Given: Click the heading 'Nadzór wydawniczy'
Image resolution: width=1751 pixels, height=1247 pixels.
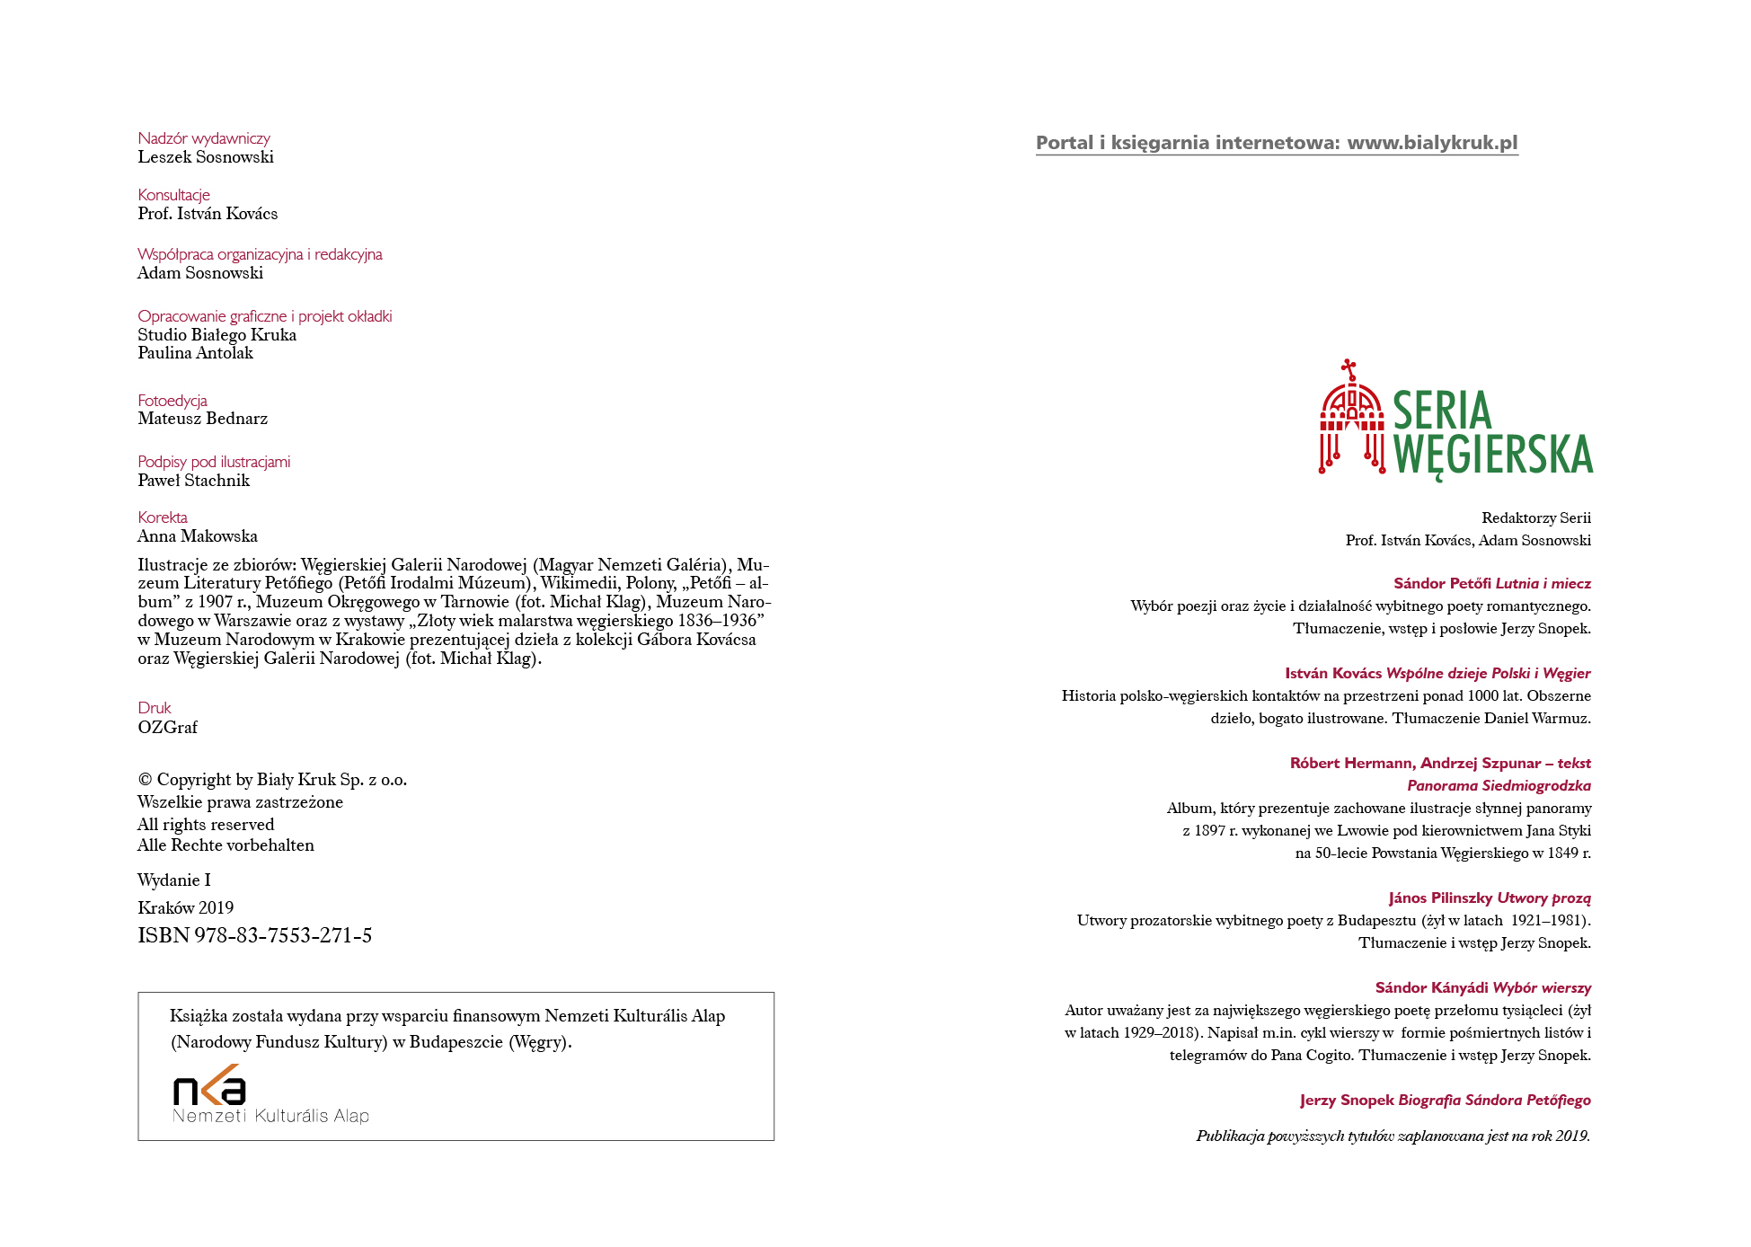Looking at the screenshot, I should [204, 138].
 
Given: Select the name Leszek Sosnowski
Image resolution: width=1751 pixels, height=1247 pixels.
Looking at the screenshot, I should [206, 157].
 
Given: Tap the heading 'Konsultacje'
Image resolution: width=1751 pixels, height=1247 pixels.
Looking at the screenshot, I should [173, 195].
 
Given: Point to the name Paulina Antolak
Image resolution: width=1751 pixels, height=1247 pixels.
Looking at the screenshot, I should [195, 353].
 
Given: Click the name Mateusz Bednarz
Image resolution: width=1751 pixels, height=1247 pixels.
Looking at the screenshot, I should [202, 419].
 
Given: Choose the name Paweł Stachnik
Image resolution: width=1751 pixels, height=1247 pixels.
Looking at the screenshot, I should [193, 481].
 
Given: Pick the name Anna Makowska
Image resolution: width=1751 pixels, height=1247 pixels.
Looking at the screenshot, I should [198, 536].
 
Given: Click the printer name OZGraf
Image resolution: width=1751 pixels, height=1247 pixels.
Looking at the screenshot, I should [167, 728].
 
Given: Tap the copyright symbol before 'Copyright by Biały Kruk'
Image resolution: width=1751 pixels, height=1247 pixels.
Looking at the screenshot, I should [145, 780].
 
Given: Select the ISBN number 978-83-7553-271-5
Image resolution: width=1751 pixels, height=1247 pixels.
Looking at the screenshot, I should [282, 936].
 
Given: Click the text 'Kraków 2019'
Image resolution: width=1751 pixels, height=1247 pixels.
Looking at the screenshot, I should [185, 908].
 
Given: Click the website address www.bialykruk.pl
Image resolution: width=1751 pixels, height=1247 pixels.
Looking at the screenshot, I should [1432, 143].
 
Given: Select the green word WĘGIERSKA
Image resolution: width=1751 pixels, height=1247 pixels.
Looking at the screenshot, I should [1493, 455].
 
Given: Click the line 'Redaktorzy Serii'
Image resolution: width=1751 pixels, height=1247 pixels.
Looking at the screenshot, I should [1535, 518].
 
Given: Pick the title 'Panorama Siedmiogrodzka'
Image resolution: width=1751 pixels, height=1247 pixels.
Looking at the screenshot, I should [1499, 786].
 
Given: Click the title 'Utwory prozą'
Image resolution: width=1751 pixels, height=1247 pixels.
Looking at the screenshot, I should [1543, 898].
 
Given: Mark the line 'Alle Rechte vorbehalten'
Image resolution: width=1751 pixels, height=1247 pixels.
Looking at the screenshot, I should [226, 845].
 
